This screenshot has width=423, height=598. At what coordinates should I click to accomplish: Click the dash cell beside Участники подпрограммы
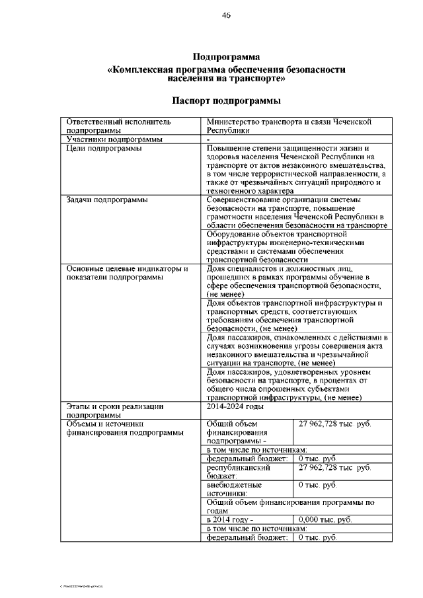pyautogui.click(x=208, y=139)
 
